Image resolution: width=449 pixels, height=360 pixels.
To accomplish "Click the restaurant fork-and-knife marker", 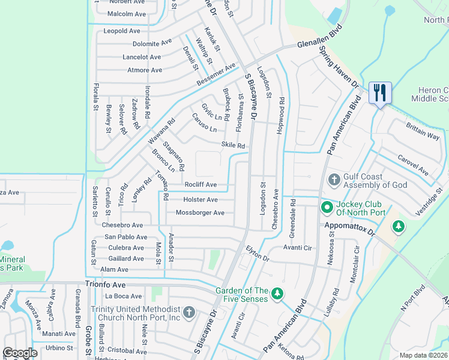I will point(380,93).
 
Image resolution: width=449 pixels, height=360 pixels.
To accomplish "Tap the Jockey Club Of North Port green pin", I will point(327,208).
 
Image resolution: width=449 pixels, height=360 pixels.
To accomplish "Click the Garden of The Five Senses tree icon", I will point(277,293).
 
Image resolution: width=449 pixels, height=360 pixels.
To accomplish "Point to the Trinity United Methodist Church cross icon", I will point(188,312).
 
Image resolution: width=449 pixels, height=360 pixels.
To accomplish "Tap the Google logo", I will point(20,353).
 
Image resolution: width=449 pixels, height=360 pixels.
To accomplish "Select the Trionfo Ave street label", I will point(106,286).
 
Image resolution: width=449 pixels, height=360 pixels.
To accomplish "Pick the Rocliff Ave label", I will point(200,185).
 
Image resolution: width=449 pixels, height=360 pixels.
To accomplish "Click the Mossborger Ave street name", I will point(200,213).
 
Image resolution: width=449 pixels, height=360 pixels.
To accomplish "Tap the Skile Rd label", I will point(234,145).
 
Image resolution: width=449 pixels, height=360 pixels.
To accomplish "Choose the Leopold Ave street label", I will point(122,31).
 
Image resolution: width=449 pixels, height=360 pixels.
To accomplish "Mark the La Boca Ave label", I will point(123,296).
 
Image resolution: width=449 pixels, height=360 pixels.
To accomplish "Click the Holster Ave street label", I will point(200,199).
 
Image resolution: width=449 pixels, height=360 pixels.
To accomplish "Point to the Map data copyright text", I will point(424,355).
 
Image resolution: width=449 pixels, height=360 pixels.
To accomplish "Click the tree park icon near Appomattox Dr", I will point(397,226).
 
